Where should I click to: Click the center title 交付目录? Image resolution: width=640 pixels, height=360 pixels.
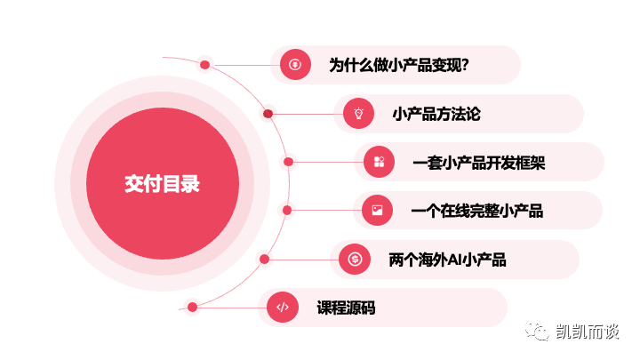click(x=162, y=184)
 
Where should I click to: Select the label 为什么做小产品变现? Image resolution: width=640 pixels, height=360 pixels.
click(x=399, y=65)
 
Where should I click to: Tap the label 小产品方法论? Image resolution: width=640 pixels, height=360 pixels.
click(x=436, y=114)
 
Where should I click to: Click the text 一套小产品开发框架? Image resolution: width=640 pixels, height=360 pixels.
click(x=479, y=163)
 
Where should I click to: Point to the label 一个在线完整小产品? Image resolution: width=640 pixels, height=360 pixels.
click(x=477, y=211)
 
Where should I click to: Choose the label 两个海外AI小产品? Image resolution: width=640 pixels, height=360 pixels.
click(x=447, y=260)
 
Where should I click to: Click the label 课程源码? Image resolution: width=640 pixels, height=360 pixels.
click(x=346, y=308)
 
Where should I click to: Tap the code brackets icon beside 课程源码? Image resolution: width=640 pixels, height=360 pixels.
click(x=283, y=307)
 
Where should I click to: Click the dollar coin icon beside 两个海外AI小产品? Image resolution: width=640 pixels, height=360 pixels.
click(x=355, y=259)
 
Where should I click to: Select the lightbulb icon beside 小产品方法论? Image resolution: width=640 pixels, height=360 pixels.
click(x=359, y=114)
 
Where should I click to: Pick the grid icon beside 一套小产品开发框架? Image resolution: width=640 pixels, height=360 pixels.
click(x=380, y=162)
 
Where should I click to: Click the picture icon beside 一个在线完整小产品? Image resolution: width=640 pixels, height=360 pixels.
click(x=378, y=210)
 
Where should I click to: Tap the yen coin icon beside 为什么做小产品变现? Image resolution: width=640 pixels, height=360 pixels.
click(x=295, y=65)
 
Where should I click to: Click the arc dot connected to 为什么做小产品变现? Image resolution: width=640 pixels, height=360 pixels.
click(x=205, y=65)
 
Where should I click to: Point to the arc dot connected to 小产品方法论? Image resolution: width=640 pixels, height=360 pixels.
click(x=268, y=114)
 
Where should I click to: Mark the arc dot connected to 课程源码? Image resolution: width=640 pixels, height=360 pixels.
click(x=192, y=307)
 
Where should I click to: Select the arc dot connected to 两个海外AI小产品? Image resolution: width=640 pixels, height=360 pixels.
click(x=265, y=259)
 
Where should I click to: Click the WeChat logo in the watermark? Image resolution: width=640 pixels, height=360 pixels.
click(x=537, y=330)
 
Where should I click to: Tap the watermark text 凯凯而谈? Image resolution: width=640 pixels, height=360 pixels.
click(x=588, y=332)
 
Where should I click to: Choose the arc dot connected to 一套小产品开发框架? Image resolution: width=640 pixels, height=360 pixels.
click(x=288, y=162)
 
